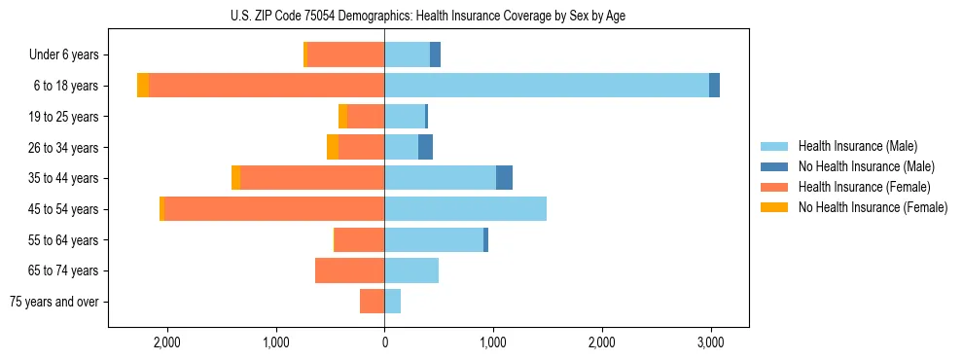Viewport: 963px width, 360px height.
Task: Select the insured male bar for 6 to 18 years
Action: [547, 86]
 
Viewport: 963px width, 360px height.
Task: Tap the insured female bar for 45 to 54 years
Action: [274, 209]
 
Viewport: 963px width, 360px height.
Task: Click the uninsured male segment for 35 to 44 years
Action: [504, 178]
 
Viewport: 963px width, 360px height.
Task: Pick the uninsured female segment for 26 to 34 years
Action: [333, 147]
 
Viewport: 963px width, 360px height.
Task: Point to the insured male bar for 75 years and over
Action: [393, 302]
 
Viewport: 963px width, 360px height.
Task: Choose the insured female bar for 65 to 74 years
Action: [350, 270]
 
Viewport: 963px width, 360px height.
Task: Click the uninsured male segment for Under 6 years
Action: [435, 54]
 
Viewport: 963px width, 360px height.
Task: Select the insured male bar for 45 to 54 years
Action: [465, 209]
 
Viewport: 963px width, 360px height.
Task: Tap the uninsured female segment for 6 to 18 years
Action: [143, 86]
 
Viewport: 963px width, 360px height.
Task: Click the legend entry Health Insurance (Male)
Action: [857, 146]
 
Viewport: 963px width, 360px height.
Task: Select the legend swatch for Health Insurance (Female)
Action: [775, 187]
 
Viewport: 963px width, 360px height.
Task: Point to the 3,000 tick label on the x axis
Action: [710, 342]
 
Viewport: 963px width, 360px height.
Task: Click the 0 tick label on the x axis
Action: [384, 342]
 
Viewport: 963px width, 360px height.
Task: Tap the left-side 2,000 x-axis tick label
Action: [167, 342]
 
